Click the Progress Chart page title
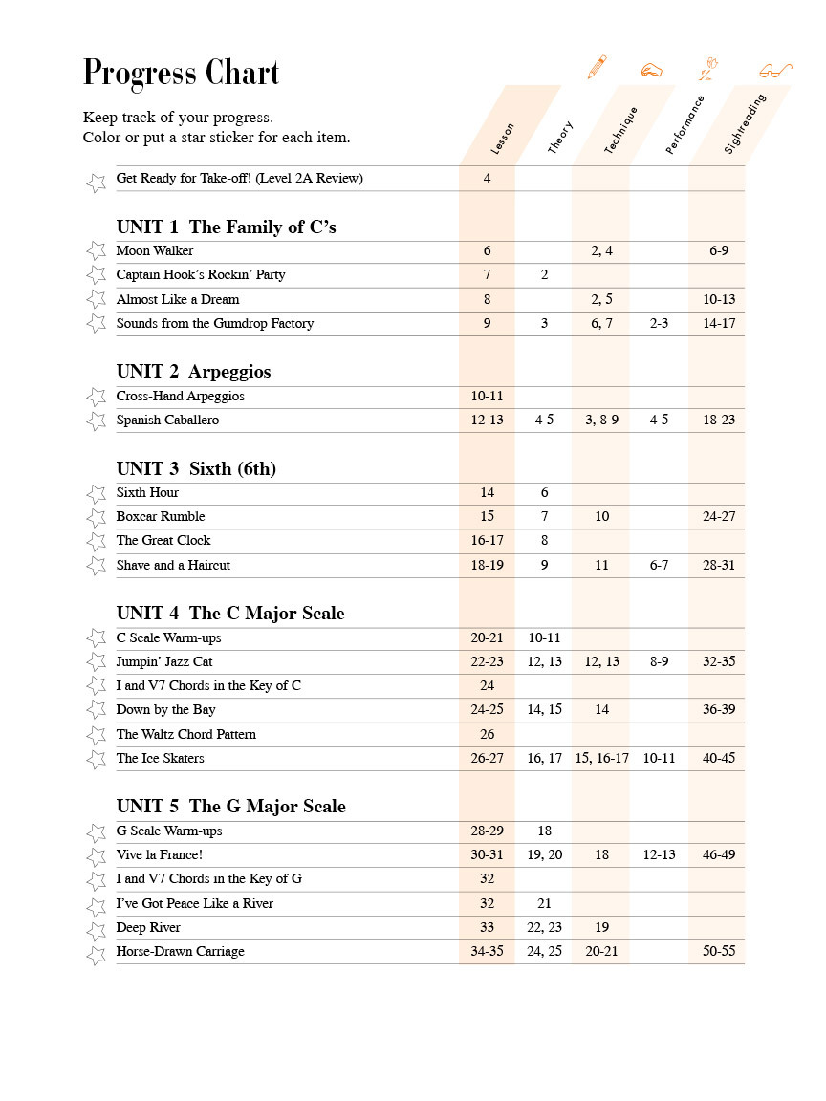tap(181, 73)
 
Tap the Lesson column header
tap(502, 139)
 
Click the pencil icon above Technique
tap(598, 67)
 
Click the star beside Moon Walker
tap(96, 251)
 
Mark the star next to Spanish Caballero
tap(96, 421)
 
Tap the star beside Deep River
tap(96, 928)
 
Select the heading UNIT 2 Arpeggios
tap(194, 372)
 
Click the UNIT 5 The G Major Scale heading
tap(231, 807)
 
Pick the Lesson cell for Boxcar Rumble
tap(488, 517)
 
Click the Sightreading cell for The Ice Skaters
tap(719, 759)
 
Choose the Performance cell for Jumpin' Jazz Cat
tap(659, 662)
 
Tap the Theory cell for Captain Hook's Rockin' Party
tap(544, 275)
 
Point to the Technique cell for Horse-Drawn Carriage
tap(601, 952)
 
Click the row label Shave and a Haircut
tap(173, 566)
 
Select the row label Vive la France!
tap(160, 855)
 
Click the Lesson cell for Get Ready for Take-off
tap(488, 179)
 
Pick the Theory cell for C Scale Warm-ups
tap(544, 638)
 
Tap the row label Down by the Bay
tap(166, 710)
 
